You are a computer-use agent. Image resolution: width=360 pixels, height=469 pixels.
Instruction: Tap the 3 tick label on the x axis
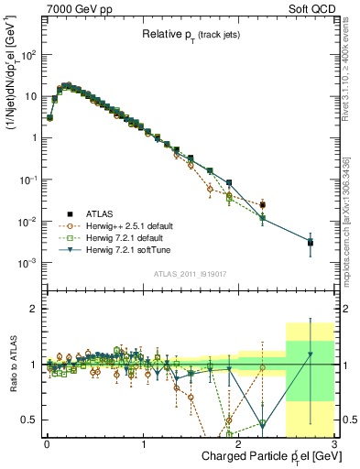click(x=334, y=444)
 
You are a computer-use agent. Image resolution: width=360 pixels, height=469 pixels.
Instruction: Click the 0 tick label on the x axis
click(x=47, y=444)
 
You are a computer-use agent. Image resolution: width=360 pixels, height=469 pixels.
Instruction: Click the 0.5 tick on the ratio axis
click(x=29, y=420)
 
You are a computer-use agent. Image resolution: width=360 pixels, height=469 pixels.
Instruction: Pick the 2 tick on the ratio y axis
click(x=34, y=309)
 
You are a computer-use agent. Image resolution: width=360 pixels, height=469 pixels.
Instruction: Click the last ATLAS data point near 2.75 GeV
click(x=311, y=243)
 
